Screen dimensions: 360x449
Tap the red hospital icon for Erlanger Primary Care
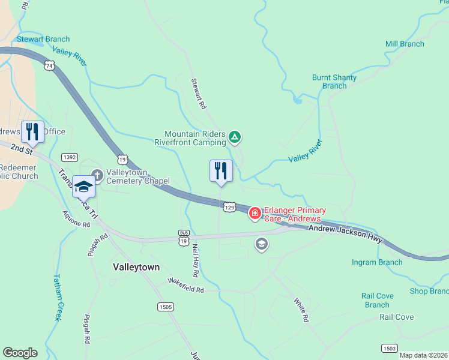[255, 213]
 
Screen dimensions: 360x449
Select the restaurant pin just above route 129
[221, 172]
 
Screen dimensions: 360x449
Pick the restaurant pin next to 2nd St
[32, 133]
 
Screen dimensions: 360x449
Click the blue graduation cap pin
[84, 186]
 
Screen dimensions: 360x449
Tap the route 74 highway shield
[49, 65]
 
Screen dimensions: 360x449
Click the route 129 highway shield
[229, 207]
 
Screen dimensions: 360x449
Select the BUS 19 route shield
[184, 236]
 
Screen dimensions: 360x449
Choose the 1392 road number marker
[70, 157]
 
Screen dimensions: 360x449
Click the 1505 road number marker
[166, 307]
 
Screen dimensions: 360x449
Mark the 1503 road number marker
[389, 348]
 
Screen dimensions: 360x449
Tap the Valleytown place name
[136, 267]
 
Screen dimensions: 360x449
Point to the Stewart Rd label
[198, 93]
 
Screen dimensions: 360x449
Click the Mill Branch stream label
[405, 44]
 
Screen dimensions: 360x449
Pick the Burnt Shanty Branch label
[334, 82]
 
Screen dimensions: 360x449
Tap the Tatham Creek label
[57, 298]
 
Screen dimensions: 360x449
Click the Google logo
[20, 352]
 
